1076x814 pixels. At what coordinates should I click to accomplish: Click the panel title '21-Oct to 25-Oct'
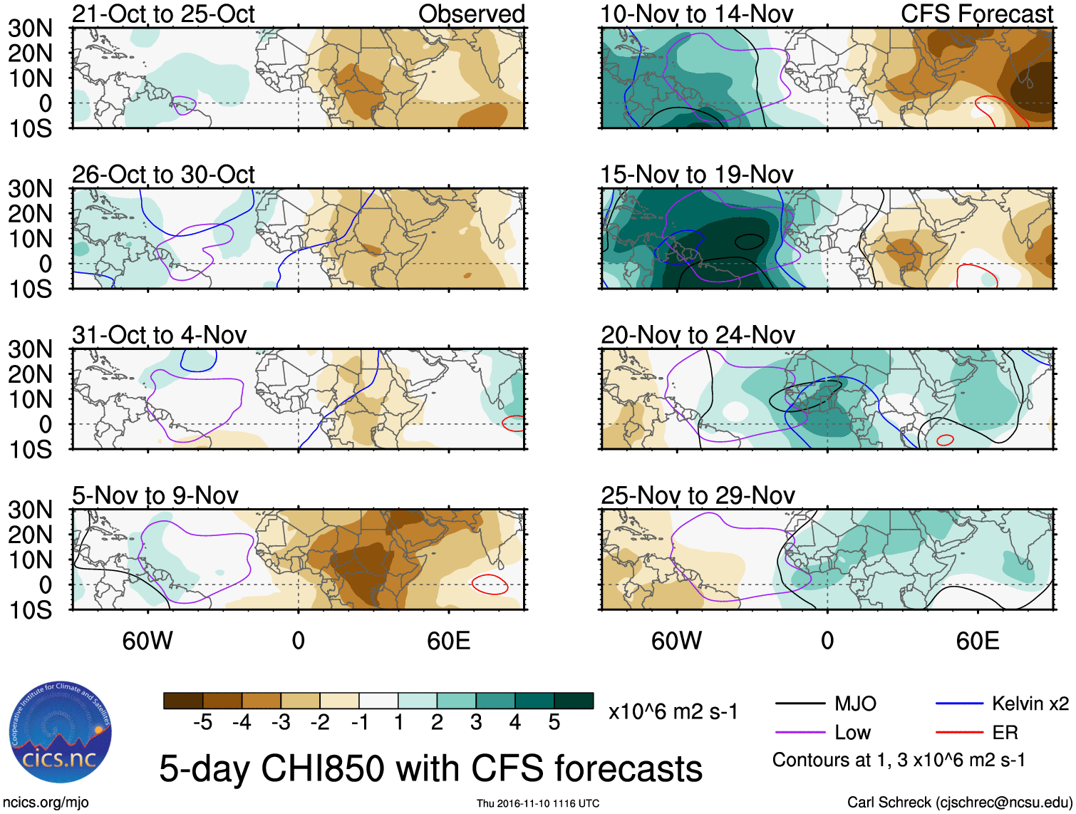point(163,14)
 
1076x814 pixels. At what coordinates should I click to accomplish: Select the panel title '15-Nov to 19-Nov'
point(696,175)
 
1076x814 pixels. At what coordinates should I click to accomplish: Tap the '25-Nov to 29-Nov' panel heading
point(697,495)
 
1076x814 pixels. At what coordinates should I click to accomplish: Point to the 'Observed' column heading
point(471,14)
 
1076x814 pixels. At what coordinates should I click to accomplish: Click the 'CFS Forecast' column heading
point(976,14)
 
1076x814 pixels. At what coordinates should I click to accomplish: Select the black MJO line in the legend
point(800,704)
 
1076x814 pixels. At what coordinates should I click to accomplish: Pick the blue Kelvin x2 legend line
point(959,704)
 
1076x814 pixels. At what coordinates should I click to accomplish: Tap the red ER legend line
point(959,732)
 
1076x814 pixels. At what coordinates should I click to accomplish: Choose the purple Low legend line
point(800,732)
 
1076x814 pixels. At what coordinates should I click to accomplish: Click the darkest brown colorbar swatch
point(183,701)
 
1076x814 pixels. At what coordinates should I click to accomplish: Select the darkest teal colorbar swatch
point(574,701)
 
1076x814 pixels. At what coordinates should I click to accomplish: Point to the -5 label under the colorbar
point(202,723)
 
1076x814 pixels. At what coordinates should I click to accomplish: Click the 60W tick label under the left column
point(148,641)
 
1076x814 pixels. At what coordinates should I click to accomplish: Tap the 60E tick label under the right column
point(977,641)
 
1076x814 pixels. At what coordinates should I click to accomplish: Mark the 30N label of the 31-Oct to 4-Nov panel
point(30,349)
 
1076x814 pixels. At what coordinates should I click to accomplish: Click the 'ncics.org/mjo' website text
point(46,803)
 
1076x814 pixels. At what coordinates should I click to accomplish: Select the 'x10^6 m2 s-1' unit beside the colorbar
point(673,711)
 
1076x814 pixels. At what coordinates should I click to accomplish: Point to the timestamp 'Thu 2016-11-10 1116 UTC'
point(538,803)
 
